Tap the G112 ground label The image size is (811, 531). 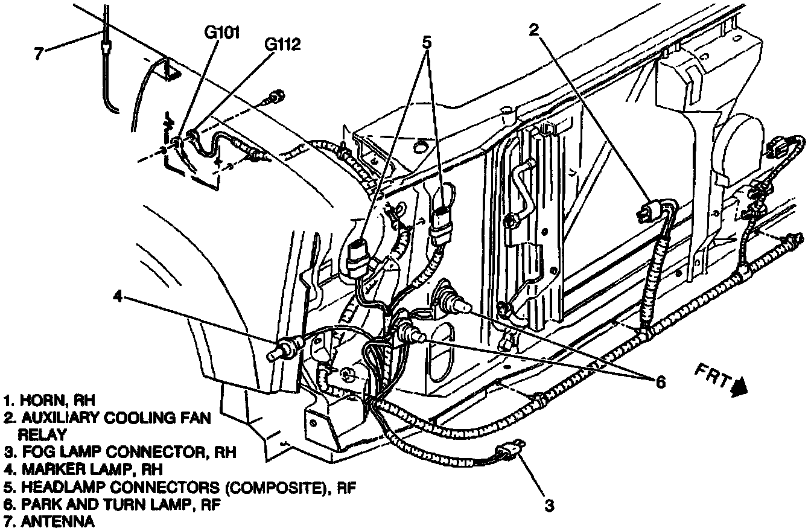click(x=282, y=45)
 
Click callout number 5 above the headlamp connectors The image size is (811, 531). click(x=427, y=43)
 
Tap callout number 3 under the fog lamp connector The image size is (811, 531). click(x=549, y=505)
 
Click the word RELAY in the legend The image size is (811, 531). click(x=42, y=433)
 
